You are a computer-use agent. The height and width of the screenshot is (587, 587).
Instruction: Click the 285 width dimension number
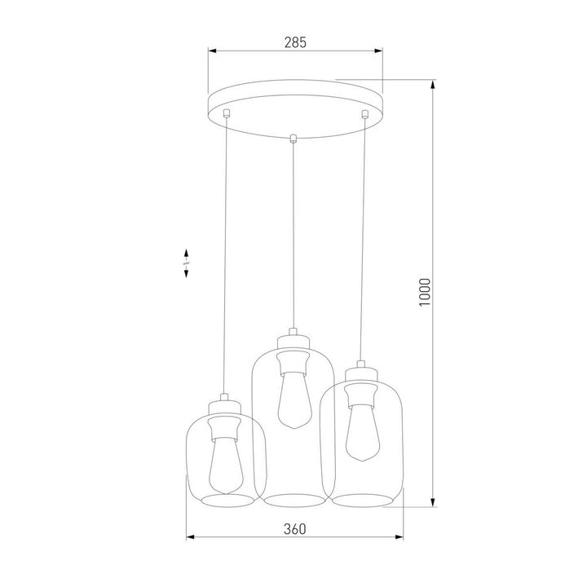(x=294, y=42)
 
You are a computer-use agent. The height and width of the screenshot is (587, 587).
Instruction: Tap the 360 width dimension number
(x=294, y=529)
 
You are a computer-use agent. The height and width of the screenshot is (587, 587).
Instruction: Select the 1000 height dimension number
(x=423, y=292)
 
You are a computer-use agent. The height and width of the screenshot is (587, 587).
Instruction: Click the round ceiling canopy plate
(x=294, y=102)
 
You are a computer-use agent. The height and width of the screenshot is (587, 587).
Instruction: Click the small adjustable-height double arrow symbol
(x=187, y=263)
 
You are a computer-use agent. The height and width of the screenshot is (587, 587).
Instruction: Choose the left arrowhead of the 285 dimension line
(x=211, y=51)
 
